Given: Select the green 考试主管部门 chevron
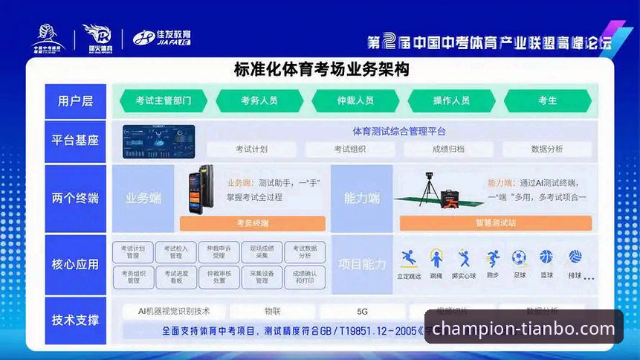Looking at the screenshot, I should (163, 100).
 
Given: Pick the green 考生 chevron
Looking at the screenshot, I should (547, 100).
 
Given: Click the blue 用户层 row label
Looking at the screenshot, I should (75, 100).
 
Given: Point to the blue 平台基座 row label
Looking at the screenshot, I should (75, 141).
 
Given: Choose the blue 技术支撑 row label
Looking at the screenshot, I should (75, 320).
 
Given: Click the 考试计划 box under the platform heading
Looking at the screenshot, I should (251, 149).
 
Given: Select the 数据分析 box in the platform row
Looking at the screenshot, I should (546, 149).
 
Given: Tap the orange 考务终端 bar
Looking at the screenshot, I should (253, 223).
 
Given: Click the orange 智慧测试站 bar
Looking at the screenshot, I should (495, 223).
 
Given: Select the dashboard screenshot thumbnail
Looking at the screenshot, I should (158, 141).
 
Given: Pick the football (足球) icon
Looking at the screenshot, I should (519, 258).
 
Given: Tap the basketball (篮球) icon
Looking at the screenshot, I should (546, 257).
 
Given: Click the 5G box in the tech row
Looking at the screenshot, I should (363, 311).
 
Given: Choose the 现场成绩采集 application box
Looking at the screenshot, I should (261, 252).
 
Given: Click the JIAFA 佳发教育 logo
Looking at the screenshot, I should (162, 37).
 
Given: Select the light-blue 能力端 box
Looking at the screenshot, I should (361, 199).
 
